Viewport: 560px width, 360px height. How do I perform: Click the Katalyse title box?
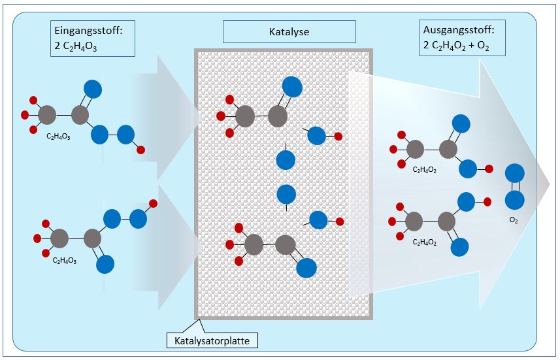point(289,31)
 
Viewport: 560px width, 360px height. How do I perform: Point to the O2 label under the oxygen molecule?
point(513,220)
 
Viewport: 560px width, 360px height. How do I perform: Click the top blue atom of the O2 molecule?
point(514,173)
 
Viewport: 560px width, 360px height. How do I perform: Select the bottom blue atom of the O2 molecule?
point(514,200)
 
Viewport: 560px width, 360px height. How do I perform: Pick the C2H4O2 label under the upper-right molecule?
point(425,169)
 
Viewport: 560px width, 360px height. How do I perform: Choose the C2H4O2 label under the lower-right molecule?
point(424,242)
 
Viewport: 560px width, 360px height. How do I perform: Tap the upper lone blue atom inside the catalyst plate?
point(286,160)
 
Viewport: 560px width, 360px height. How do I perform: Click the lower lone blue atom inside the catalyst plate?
point(286,194)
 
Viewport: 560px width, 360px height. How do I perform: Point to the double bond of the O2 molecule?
point(514,187)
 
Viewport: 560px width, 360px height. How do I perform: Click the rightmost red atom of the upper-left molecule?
point(141,150)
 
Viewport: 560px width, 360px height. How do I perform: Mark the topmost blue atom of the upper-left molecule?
point(94,89)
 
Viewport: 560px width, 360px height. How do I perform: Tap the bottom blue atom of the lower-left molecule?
point(105,264)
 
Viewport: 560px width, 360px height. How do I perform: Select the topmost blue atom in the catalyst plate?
point(292,86)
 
